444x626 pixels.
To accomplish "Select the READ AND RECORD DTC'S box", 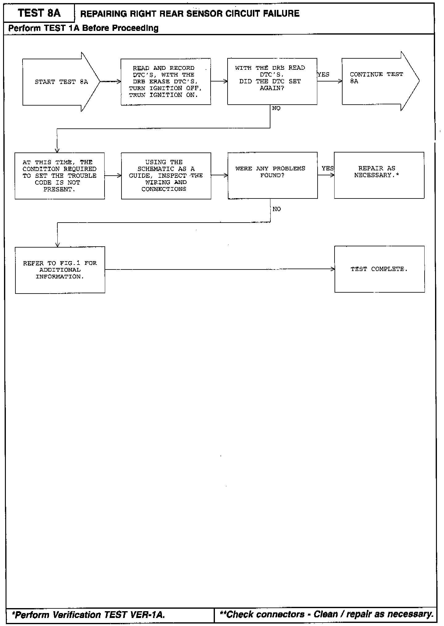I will (x=166, y=81).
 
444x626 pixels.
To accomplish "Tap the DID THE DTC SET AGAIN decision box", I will (x=272, y=81).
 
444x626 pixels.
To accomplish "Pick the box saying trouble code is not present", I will (x=60, y=176).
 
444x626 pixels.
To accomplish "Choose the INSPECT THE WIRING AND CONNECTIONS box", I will (x=166, y=176).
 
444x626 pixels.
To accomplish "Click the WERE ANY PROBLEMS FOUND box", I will (x=273, y=175).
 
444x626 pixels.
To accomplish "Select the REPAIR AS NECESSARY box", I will (x=379, y=175).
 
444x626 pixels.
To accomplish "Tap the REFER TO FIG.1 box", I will (x=60, y=270).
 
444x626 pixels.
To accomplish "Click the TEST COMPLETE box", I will (x=379, y=269).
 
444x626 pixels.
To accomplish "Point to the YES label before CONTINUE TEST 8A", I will (x=323, y=75).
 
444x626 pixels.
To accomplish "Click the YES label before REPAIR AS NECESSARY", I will (x=327, y=168).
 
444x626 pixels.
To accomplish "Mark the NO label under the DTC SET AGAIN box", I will (x=276, y=108).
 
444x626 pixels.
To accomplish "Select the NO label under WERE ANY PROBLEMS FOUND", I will (x=277, y=209).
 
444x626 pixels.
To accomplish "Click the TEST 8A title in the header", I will (x=39, y=13).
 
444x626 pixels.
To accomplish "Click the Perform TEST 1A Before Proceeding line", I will (x=83, y=28).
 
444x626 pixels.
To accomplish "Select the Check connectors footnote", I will (x=327, y=614).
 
